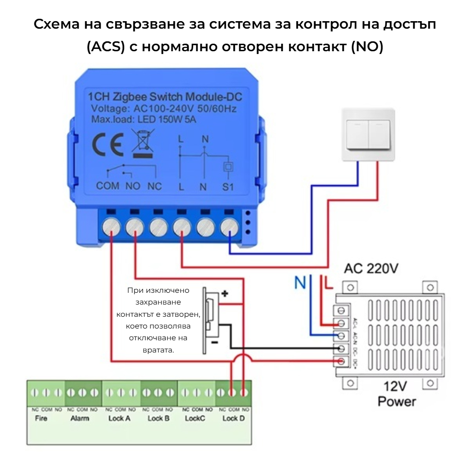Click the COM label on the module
point(108,186)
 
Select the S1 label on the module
point(228,187)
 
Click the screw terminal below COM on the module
point(111,227)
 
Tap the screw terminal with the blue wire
point(229,227)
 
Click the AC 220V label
point(371,269)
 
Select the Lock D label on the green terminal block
point(233,418)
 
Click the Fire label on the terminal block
point(41,418)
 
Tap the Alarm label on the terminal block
point(79,418)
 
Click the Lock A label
point(119,418)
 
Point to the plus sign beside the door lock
point(225,294)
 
